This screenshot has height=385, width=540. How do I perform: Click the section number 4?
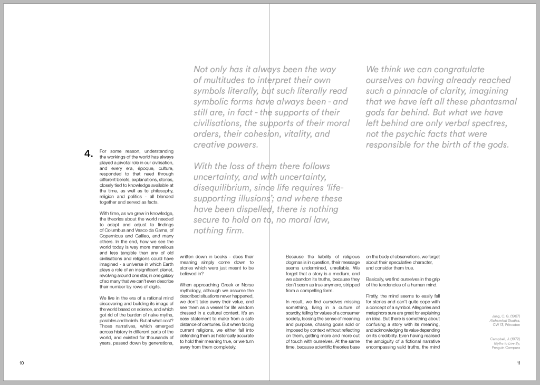click(x=88, y=154)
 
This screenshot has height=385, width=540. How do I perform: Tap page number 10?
click(x=22, y=363)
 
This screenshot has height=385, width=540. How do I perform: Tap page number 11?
click(x=518, y=363)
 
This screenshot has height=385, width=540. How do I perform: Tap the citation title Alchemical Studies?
click(x=505, y=320)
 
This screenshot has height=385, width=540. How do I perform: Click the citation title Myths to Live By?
click(x=506, y=343)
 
